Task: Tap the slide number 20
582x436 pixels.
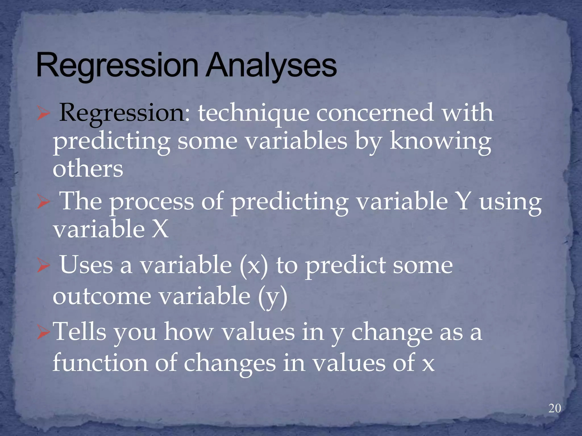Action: click(x=554, y=408)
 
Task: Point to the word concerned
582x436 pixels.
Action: click(x=375, y=113)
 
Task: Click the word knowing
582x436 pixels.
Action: click(x=440, y=142)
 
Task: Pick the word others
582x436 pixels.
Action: click(x=88, y=169)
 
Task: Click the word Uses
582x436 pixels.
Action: click(x=86, y=265)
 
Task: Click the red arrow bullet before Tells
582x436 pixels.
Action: click(x=43, y=333)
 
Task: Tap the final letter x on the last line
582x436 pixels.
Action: click(x=428, y=364)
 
